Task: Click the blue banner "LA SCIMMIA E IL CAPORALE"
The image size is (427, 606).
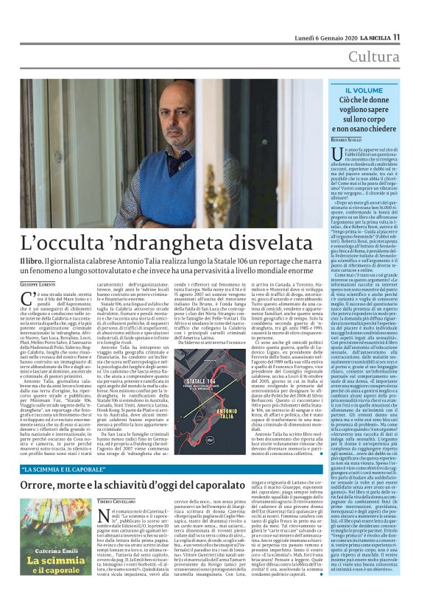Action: tap(88, 469)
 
